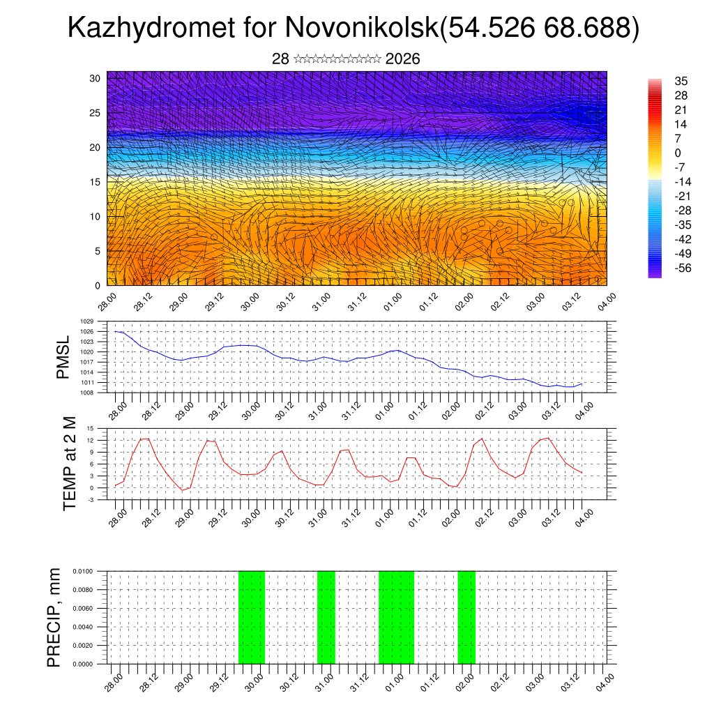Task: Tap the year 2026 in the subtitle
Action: [x=402, y=59]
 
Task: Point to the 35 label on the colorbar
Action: [x=681, y=81]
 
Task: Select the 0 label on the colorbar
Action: [x=678, y=153]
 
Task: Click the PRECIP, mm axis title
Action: [x=54, y=617]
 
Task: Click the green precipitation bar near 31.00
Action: [x=326, y=617]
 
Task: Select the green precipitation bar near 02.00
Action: [x=466, y=617]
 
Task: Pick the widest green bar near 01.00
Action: [x=396, y=617]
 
